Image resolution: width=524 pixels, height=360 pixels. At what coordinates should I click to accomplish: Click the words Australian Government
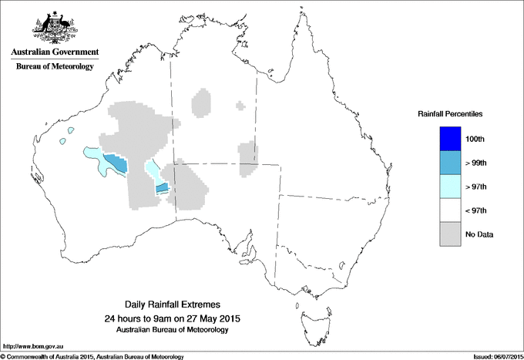[x=54, y=52]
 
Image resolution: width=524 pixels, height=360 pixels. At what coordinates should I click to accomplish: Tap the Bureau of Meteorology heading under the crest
[x=54, y=67]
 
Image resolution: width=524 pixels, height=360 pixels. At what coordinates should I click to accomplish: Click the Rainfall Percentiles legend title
[x=450, y=114]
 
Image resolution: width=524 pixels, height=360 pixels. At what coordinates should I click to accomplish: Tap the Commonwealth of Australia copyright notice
[x=92, y=356]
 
